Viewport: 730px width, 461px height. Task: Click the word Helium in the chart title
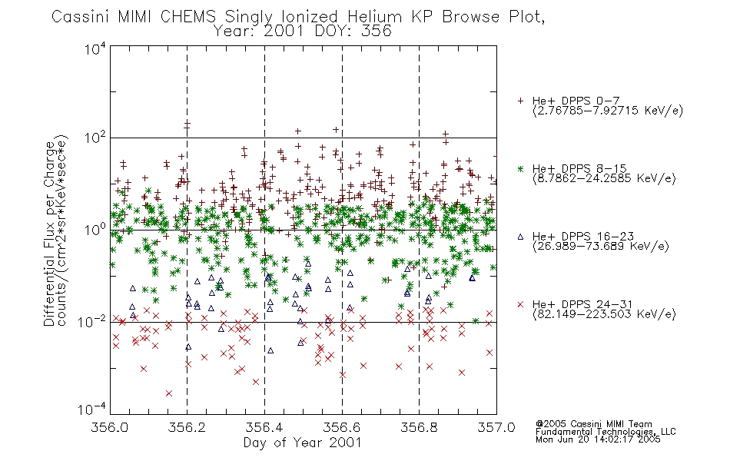[375, 17]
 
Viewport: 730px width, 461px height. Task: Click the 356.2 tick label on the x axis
[187, 427]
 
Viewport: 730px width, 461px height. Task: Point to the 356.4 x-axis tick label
[264, 427]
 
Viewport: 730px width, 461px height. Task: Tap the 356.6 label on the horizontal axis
[341, 427]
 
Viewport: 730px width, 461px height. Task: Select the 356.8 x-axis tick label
[419, 427]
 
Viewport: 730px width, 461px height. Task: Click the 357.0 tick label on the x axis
[496, 427]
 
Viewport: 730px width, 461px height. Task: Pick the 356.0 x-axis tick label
[109, 427]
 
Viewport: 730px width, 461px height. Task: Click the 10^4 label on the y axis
[95, 48]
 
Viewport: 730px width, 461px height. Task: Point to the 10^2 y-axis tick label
[95, 138]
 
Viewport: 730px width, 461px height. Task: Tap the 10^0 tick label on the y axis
[95, 230]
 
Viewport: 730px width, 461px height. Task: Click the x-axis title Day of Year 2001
[303, 443]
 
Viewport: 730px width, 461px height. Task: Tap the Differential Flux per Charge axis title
[50, 234]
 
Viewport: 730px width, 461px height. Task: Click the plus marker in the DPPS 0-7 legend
[521, 101]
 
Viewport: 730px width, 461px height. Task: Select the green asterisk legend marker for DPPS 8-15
[521, 168]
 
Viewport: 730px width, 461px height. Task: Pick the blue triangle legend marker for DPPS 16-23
[521, 237]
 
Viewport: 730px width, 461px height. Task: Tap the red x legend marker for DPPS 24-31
[521, 304]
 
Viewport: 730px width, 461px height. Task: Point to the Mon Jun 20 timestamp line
[598, 439]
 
